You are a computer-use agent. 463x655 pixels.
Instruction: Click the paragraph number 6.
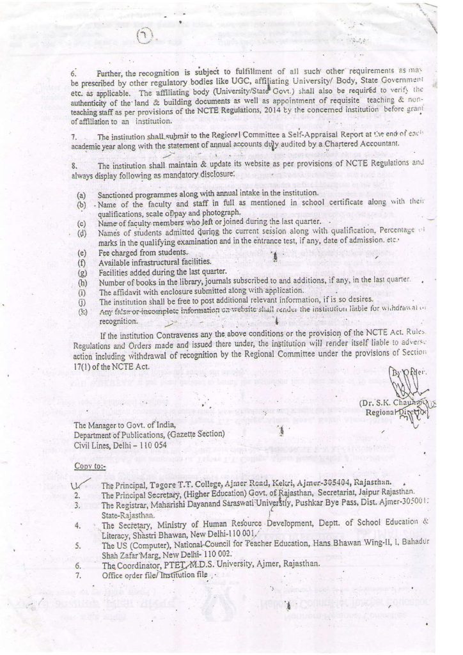[73, 75]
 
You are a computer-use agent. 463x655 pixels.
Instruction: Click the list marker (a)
[81, 193]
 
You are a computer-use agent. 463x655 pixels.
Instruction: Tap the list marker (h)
[81, 281]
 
